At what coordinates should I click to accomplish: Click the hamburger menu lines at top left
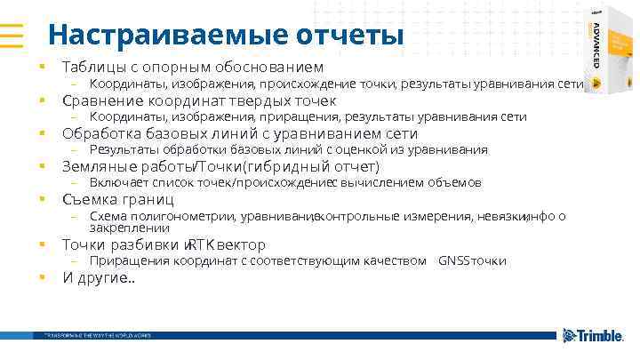(x=12, y=35)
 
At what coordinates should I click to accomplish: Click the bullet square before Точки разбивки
(x=41, y=244)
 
